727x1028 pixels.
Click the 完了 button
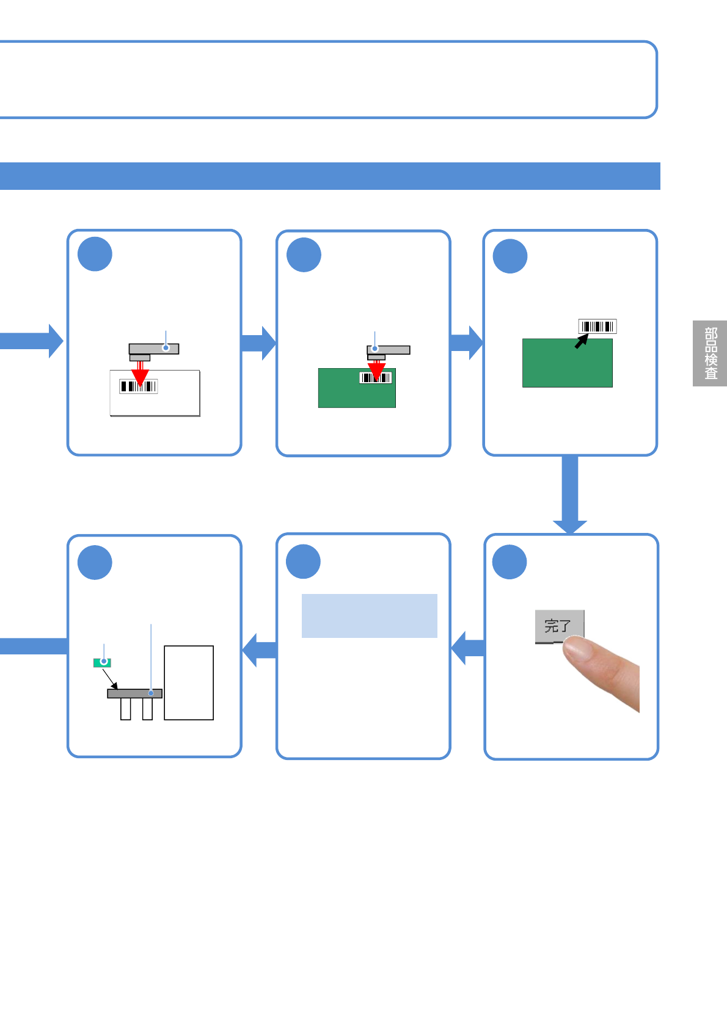[x=560, y=626]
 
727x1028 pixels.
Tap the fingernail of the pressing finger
[x=576, y=648]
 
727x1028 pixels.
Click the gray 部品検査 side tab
[x=709, y=353]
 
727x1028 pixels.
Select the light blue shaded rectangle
[x=369, y=616]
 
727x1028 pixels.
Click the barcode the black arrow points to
[x=597, y=327]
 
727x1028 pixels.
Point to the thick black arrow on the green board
[x=582, y=341]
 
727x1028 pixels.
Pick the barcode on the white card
[x=138, y=386]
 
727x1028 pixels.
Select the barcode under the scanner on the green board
[x=376, y=378]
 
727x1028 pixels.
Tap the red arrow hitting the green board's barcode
[x=376, y=371]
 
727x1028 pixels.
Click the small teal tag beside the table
[x=102, y=663]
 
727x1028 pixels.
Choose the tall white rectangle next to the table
[x=189, y=683]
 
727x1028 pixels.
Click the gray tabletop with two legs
[x=134, y=693]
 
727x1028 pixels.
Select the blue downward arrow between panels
[x=570, y=494]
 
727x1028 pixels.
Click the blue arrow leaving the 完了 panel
[x=467, y=648]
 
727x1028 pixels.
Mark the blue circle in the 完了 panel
[x=510, y=562]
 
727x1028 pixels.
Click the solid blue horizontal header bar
[x=330, y=176]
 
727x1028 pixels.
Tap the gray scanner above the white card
[x=153, y=352]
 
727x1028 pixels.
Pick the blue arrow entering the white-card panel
[x=32, y=341]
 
